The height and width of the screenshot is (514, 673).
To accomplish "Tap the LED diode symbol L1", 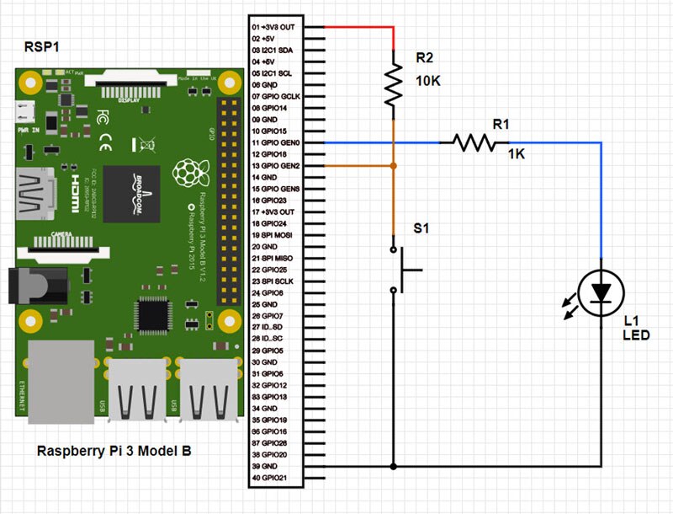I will point(601,292).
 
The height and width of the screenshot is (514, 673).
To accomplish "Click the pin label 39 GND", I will point(268,466).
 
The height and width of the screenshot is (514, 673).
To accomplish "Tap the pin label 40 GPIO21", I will point(273,478).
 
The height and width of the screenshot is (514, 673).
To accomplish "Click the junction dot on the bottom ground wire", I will point(393,466).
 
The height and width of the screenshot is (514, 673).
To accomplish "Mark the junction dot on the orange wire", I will point(393,167).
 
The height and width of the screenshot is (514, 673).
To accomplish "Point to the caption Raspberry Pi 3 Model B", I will point(114,452).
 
